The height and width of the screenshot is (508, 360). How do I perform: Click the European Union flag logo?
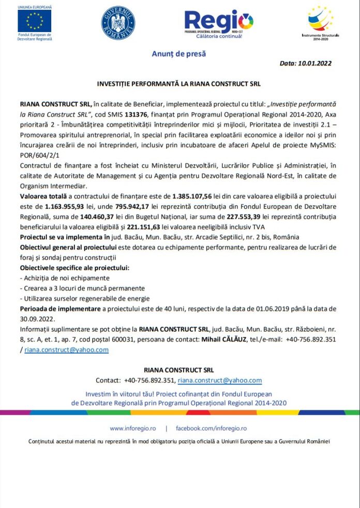[35, 21]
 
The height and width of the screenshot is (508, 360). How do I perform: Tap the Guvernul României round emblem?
[118, 23]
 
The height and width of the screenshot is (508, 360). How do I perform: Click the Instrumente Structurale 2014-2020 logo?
[321, 20]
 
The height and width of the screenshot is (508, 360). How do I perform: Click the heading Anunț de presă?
[178, 53]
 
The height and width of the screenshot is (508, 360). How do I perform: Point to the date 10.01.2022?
[312, 64]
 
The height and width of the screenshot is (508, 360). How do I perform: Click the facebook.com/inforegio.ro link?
[211, 428]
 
